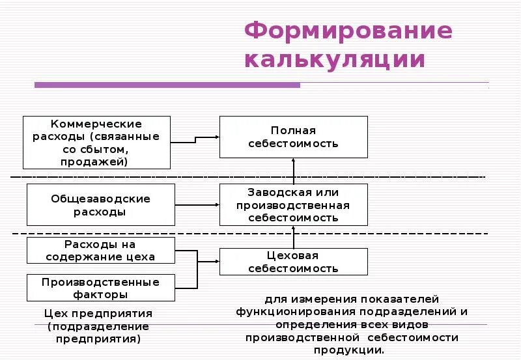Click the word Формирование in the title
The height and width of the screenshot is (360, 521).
[x=348, y=31]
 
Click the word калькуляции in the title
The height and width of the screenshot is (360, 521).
[x=335, y=59]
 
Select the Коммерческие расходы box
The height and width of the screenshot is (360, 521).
[x=96, y=143]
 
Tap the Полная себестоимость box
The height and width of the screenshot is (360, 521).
[x=293, y=137]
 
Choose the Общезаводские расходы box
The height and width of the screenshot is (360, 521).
[x=101, y=205]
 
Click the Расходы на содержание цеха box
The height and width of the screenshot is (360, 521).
[x=101, y=250]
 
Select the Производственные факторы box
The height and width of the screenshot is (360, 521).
[x=101, y=288]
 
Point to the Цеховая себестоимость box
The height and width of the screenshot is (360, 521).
[x=293, y=262]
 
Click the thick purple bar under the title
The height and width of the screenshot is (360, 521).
[x=167, y=85]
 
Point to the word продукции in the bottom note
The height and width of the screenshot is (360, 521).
[x=352, y=350]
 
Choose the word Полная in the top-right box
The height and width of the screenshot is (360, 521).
[x=293, y=130]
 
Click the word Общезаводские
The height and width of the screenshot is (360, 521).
[x=101, y=199]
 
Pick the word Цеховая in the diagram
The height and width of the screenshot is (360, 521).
[x=293, y=255]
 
